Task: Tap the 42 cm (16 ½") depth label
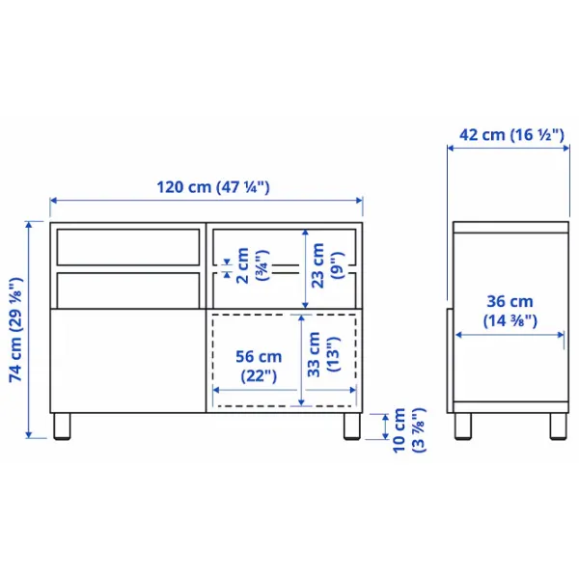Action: tap(510, 135)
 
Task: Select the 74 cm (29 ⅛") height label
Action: tap(15, 331)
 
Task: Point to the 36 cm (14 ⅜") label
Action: tap(510, 310)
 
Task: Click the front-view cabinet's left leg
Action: tap(64, 427)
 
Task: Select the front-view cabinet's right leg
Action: tap(349, 427)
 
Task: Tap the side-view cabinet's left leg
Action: tap(463, 427)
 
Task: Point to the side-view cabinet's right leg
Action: tap(557, 427)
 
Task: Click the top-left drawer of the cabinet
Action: tap(126, 246)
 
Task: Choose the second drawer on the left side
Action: tap(126, 289)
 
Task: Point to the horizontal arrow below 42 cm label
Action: tap(510, 149)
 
